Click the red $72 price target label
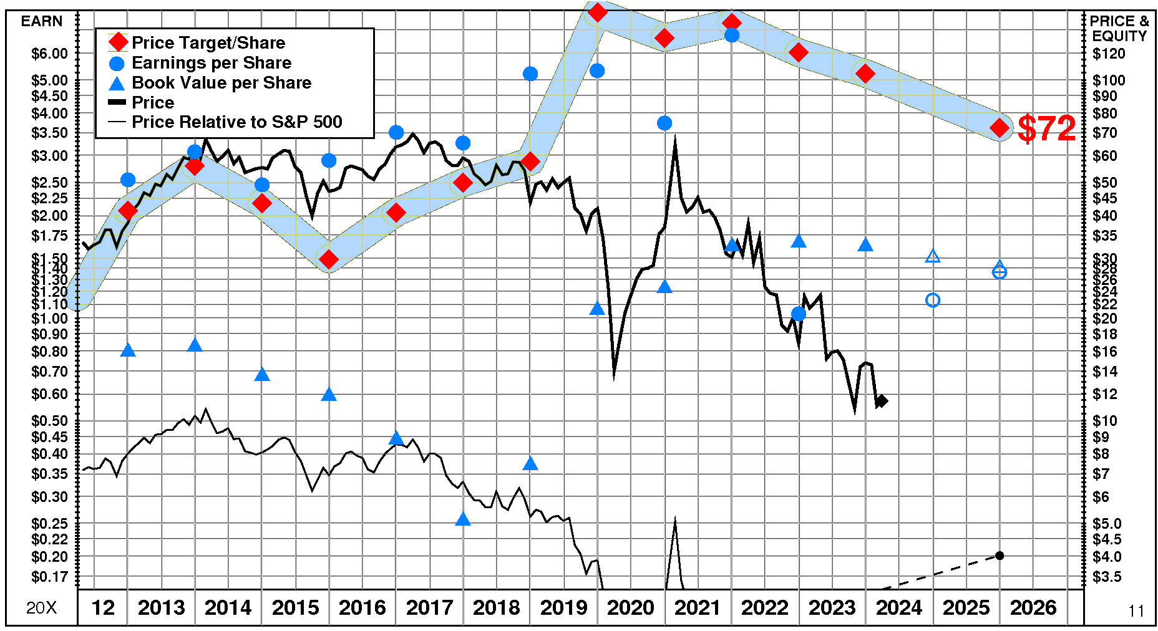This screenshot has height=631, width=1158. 1046,128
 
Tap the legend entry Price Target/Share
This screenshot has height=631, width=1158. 208,42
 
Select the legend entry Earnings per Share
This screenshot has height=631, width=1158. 211,62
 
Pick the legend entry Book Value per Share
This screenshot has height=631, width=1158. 221,82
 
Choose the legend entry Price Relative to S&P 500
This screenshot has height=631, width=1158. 236,122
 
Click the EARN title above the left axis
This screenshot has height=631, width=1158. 42,21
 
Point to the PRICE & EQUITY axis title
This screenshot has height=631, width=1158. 1119,29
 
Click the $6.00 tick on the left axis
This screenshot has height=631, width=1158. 49,54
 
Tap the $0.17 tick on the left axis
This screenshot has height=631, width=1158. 49,577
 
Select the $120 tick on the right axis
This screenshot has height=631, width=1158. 1109,54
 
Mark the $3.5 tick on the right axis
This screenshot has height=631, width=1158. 1107,577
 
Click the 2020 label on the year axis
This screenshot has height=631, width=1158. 630,607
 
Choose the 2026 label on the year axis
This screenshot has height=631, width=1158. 1033,607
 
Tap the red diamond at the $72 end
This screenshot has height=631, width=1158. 1000,128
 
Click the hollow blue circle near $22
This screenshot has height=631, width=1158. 932,301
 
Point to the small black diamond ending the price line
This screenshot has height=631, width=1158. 882,401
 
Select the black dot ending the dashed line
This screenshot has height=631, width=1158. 1000,556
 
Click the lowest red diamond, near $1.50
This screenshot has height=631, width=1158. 329,259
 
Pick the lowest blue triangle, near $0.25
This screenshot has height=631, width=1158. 463,519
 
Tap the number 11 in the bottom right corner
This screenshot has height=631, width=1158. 1136,611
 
